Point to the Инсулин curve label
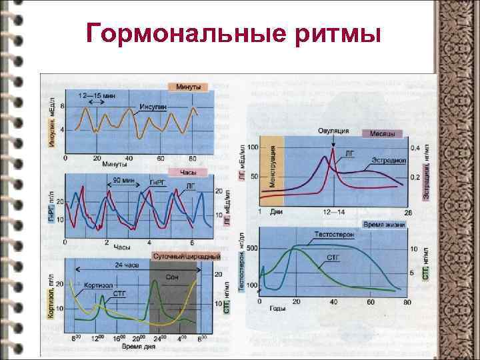(x=153, y=107)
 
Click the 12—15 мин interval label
(x=98, y=96)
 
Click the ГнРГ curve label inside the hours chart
(x=156, y=183)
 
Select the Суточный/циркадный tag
(x=187, y=256)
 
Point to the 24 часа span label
(x=126, y=265)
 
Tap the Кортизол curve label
(x=99, y=285)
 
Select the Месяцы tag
(x=382, y=133)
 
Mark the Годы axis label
(x=278, y=308)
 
